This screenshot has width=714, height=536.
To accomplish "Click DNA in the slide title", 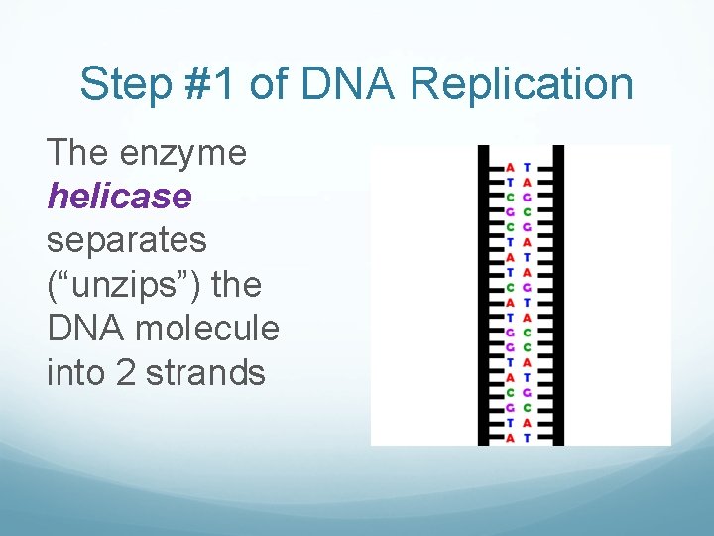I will pos(347,85).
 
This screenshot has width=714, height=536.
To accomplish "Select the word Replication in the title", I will pos(522,85).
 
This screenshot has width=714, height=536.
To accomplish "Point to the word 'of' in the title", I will pos(271,85).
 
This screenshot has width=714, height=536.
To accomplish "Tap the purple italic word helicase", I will pos(119,197).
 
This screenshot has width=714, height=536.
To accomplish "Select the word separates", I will pos(127,241).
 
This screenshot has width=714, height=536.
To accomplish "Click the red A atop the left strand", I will pos(510,167).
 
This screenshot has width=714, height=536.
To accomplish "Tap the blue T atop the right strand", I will pos(527,167).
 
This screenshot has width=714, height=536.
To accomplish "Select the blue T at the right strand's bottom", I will pos(527,437).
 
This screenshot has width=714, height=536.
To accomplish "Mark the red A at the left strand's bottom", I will pos(510,437).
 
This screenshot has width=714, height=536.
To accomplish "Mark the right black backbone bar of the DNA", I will pos(557,298).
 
